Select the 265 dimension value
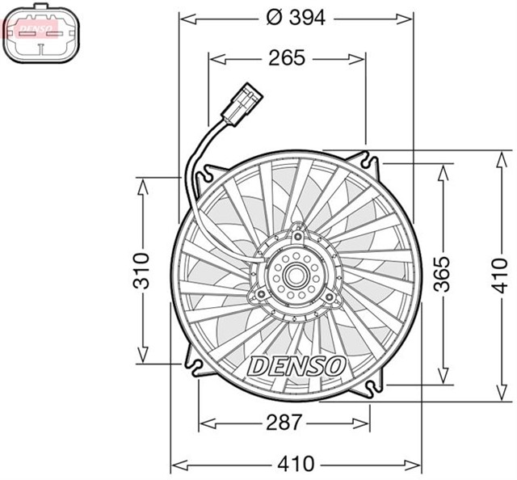click(287, 57)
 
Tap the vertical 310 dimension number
click(142, 270)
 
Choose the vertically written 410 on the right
click(501, 275)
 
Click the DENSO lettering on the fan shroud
click(296, 365)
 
